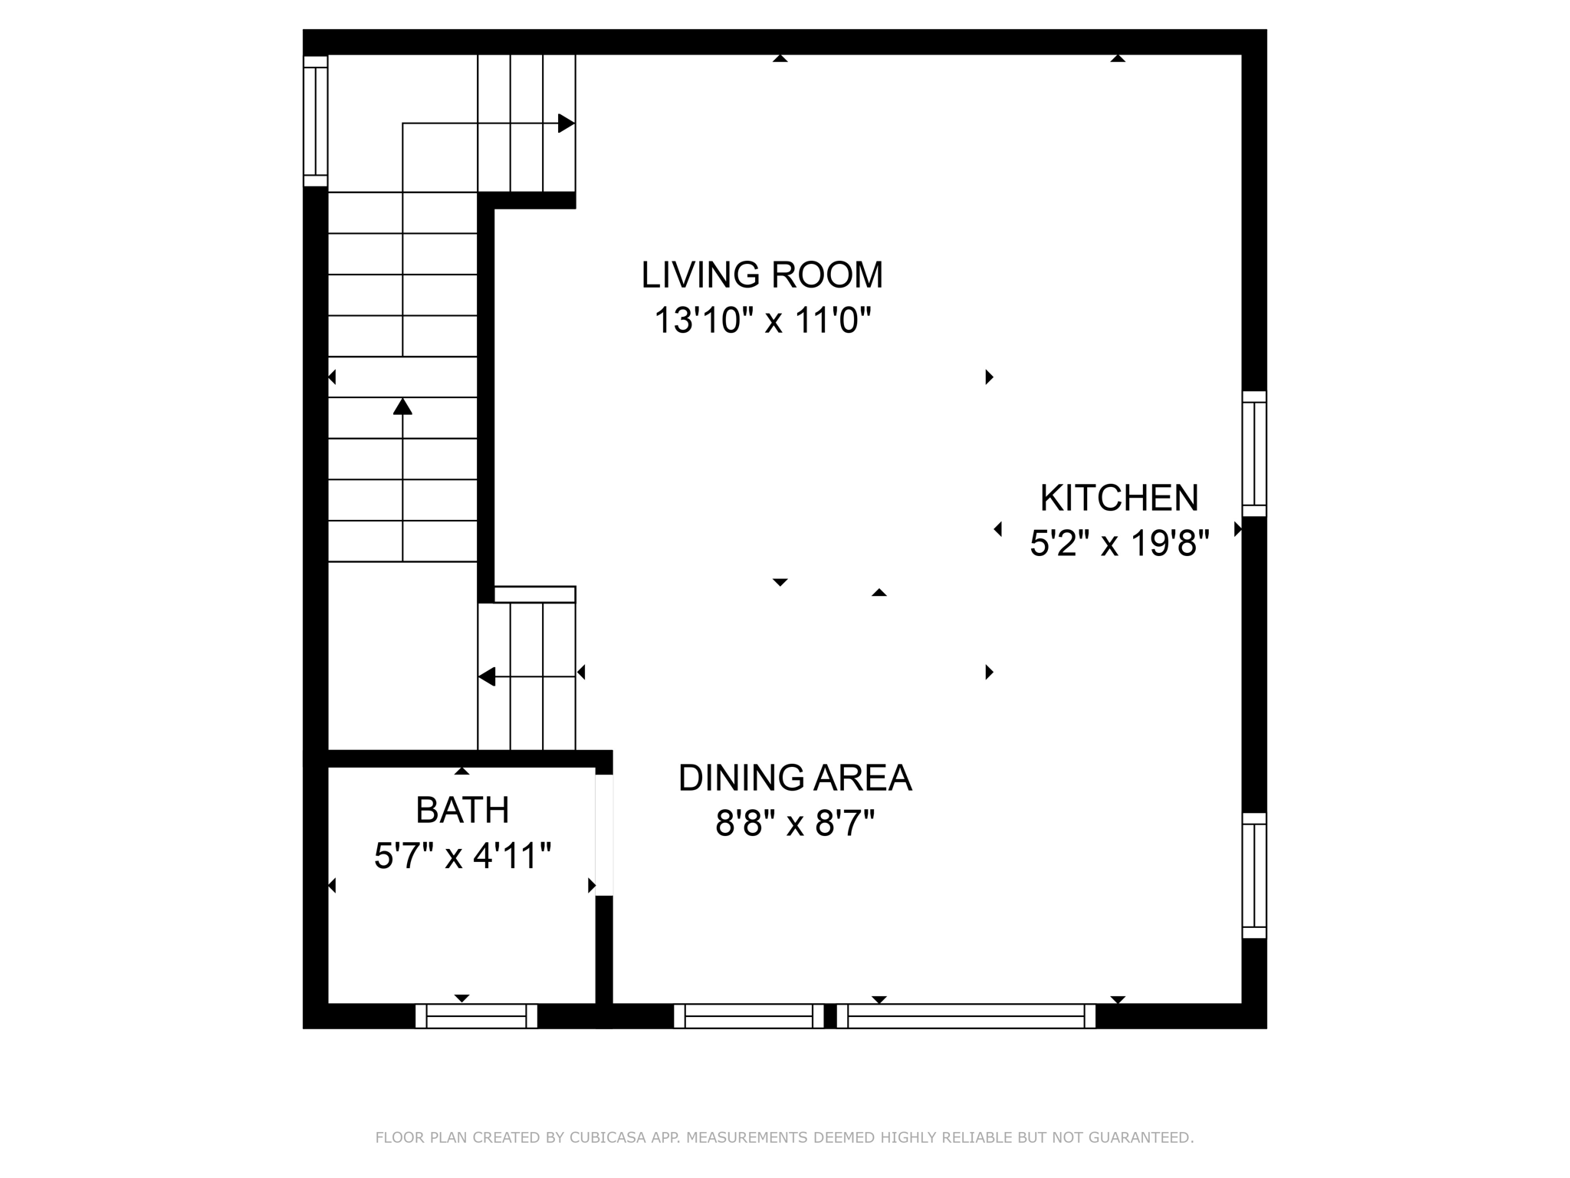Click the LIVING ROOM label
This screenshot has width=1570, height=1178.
coord(762,275)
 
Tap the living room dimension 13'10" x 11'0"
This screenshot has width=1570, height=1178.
coord(762,321)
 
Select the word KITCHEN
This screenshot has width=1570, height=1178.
coord(1118,499)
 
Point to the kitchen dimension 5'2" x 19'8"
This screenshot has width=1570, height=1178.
coord(1118,544)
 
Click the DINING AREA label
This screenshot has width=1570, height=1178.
coord(795,778)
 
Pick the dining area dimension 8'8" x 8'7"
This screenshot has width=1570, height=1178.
coord(795,824)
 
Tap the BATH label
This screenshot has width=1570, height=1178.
coord(462,810)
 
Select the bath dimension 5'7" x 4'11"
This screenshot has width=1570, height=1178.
coord(462,856)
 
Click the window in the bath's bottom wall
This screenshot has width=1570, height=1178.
coord(476,1016)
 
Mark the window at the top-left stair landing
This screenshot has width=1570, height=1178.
coord(315,121)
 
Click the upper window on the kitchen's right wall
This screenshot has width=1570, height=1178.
coord(1254,454)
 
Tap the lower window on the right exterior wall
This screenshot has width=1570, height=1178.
coord(1254,876)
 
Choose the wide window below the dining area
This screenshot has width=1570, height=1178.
coord(966,1016)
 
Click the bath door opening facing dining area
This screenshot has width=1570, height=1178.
coord(604,835)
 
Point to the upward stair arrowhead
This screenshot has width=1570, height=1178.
coord(402,406)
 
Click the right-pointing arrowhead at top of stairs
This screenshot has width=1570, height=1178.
coord(566,123)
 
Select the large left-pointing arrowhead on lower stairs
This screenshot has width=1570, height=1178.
coord(487,676)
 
